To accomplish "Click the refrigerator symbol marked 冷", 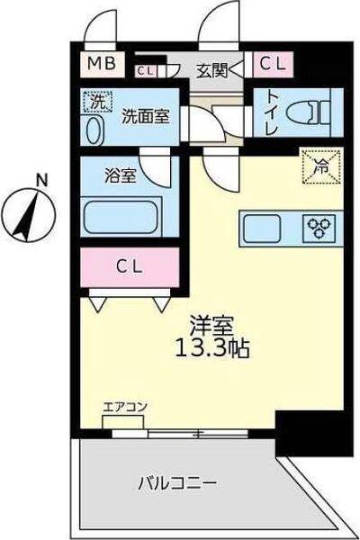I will coord(319,165).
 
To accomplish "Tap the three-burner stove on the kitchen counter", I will coord(322,226).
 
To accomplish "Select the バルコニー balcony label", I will coord(176,483).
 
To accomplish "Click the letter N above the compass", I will coord(40,180).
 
